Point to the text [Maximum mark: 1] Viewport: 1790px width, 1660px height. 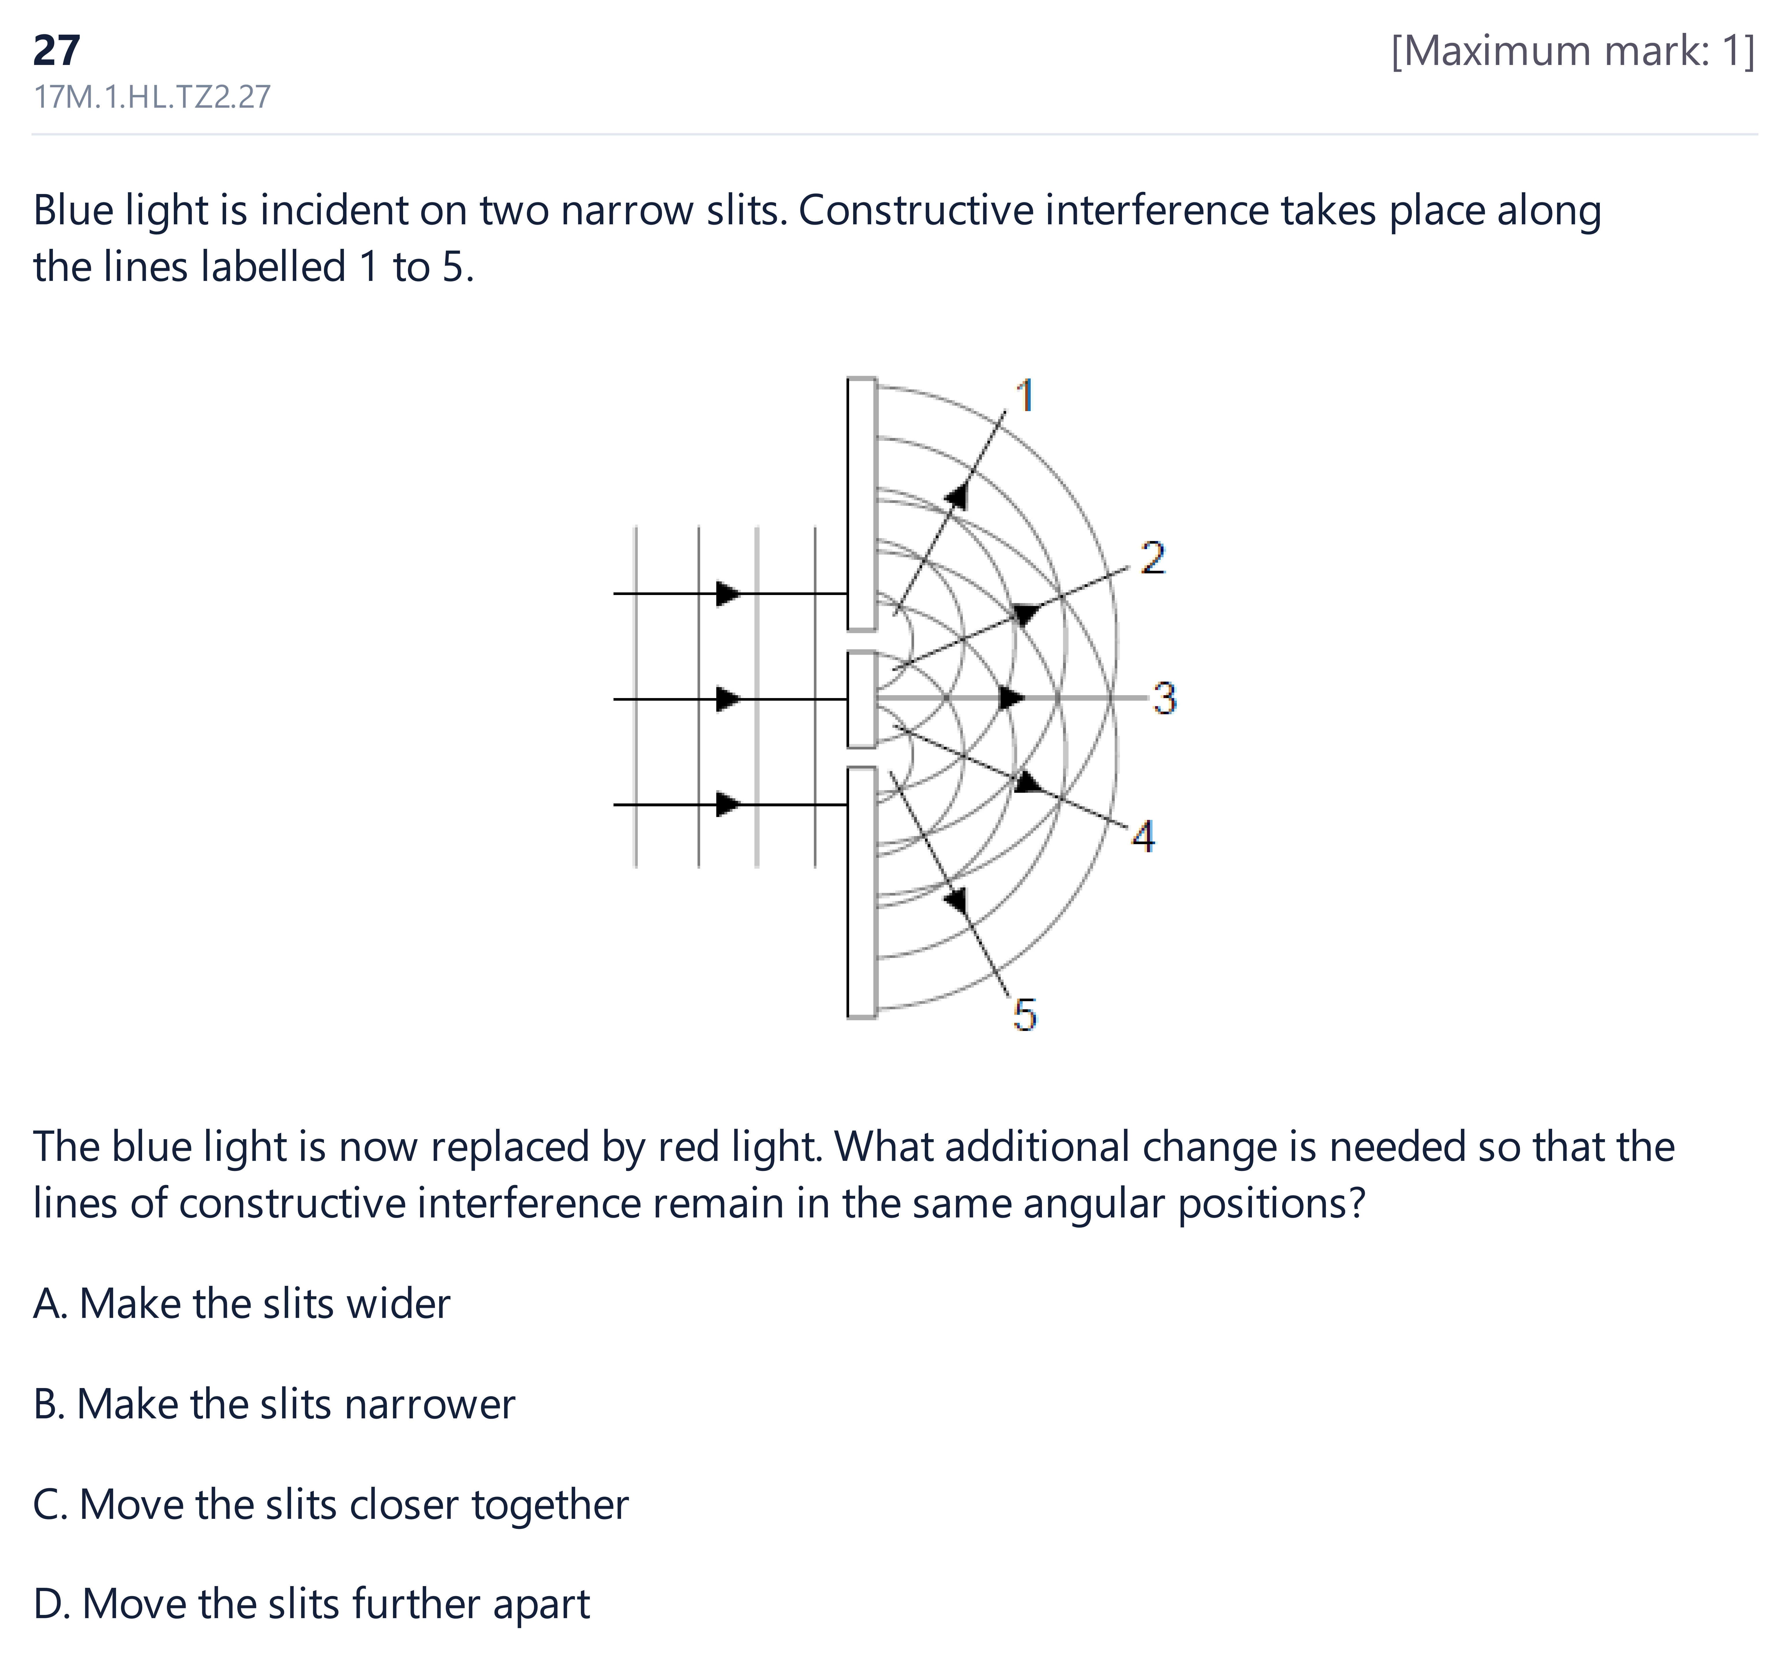pyautogui.click(x=1573, y=51)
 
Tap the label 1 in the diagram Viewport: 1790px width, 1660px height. pyautogui.click(x=1025, y=396)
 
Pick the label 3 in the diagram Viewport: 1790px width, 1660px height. pyautogui.click(x=1165, y=698)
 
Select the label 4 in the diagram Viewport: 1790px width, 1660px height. pyautogui.click(x=1142, y=836)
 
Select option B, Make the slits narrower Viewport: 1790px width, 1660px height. pyautogui.click(x=274, y=1404)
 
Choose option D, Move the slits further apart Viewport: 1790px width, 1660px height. pyautogui.click(x=312, y=1604)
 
